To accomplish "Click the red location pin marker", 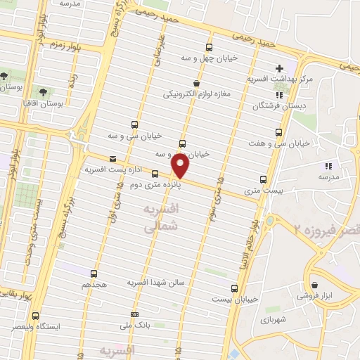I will tap(181, 166).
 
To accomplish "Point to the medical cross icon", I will tap(279, 68).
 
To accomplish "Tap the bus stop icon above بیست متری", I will tap(263, 179).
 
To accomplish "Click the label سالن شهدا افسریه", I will tap(155, 282).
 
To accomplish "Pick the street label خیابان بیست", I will tap(239, 299).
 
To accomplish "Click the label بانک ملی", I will tap(135, 326).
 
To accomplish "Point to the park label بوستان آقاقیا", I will tap(43, 103).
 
